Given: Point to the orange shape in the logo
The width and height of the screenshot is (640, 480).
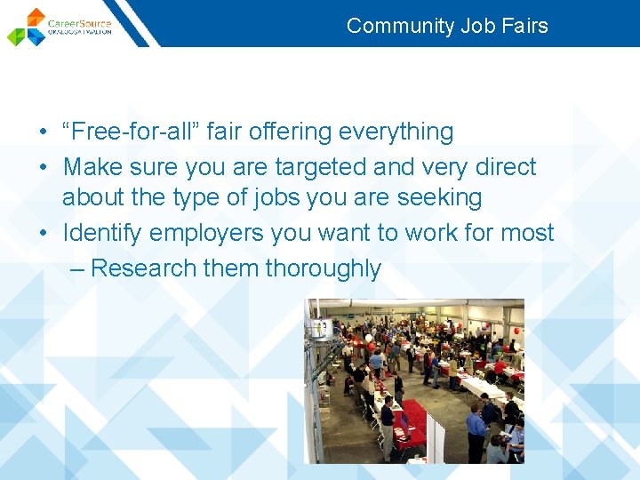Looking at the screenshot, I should coord(36,17).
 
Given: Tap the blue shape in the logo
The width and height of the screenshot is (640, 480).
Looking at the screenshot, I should coord(36,37).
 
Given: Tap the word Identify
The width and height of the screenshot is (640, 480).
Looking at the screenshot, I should coord(102,233).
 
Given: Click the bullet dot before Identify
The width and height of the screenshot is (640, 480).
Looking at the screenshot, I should coord(43,234).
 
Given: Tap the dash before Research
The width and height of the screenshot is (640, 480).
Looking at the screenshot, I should coord(76,268).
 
